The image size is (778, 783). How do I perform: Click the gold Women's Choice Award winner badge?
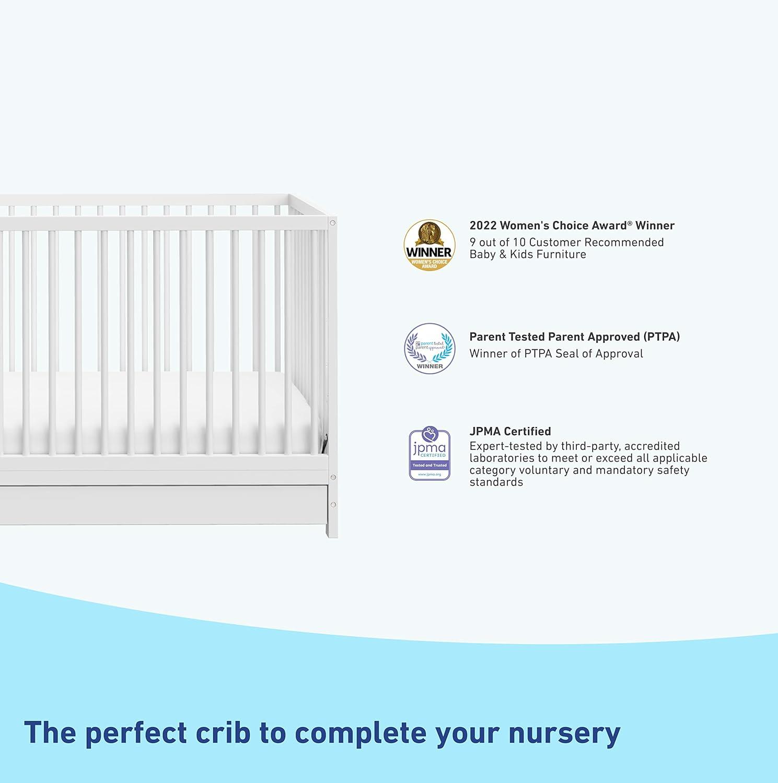pos(429,245)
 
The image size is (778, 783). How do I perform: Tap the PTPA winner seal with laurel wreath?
pos(429,348)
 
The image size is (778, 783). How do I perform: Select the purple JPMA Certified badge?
pos(429,454)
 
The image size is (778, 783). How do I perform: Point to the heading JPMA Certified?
pos(510,431)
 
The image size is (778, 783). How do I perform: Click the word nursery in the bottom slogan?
pos(564,733)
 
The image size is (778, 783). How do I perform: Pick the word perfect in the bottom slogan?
pos(136,733)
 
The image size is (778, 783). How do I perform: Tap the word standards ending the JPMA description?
pos(496,482)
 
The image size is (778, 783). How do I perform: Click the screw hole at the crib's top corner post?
pos(332,223)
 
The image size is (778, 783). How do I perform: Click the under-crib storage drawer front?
pos(162,505)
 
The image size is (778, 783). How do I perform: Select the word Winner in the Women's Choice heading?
pos(655,226)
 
